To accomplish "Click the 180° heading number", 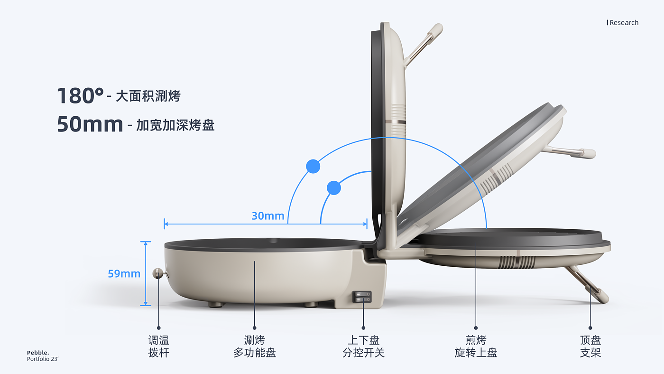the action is [x=80, y=96].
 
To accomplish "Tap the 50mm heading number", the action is [x=90, y=124].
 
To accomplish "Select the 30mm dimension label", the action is [x=267, y=216].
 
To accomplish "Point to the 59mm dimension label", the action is [x=124, y=274].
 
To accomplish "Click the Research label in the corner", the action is [x=624, y=23].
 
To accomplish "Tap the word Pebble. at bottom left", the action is [x=38, y=353].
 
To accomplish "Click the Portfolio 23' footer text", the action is [x=43, y=359].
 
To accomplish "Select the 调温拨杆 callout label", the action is [x=158, y=346].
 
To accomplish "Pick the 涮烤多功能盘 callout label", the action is [x=255, y=346].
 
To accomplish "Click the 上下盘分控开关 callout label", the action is [x=363, y=346].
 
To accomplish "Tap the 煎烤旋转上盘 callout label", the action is [x=476, y=346].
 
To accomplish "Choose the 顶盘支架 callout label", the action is [x=590, y=346].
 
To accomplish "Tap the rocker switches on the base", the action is [x=362, y=297].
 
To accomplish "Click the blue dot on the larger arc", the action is [x=313, y=166].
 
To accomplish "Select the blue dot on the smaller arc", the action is [x=334, y=188].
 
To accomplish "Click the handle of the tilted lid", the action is [x=572, y=152].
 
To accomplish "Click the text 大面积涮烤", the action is [x=148, y=96].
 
